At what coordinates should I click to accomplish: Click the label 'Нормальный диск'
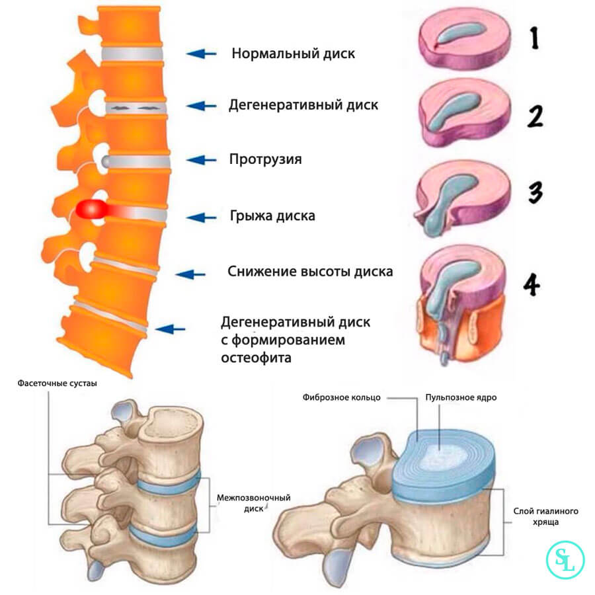tap(293, 54)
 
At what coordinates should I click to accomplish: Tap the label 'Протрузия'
tap(265, 159)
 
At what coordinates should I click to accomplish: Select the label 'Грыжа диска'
tap(272, 216)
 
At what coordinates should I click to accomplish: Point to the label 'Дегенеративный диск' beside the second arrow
tap(303, 105)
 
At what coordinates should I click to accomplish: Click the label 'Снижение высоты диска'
tap(310, 272)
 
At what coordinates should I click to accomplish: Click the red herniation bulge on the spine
tap(93, 210)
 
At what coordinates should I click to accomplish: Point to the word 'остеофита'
tap(257, 358)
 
